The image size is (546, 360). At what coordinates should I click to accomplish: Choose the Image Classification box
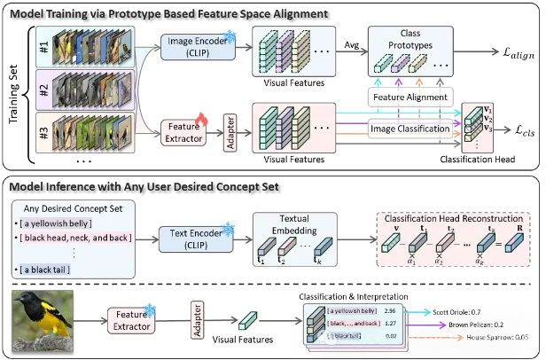[409, 129]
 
